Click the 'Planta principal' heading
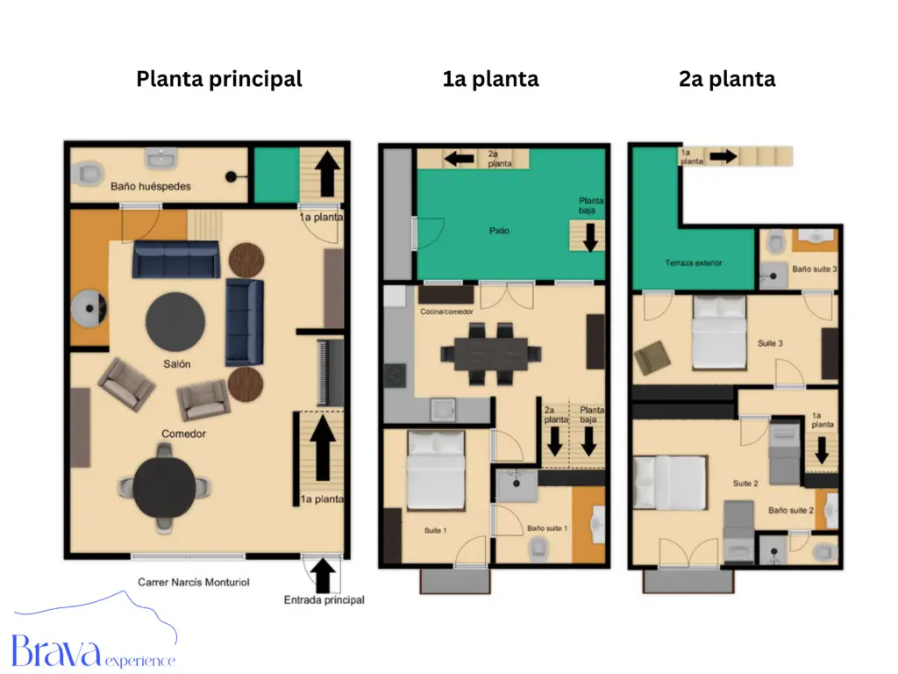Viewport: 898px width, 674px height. pyautogui.click(x=218, y=79)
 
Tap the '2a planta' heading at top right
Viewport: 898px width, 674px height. pyautogui.click(x=727, y=79)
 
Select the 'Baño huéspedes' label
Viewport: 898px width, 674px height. pyautogui.click(x=151, y=186)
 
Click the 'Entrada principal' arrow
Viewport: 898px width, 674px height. pyautogui.click(x=324, y=576)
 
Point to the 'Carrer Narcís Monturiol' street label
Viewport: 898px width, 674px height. pyautogui.click(x=194, y=581)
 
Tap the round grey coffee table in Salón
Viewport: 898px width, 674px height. pyautogui.click(x=175, y=321)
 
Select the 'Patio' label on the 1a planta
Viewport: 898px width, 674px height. pyautogui.click(x=499, y=231)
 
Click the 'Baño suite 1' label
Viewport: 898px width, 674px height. pyautogui.click(x=547, y=528)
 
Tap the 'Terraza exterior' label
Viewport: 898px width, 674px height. pyautogui.click(x=694, y=262)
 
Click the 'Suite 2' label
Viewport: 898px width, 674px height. pyautogui.click(x=745, y=483)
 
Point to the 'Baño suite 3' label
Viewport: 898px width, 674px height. pyautogui.click(x=812, y=269)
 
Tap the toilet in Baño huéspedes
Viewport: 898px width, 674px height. pyautogui.click(x=89, y=175)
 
